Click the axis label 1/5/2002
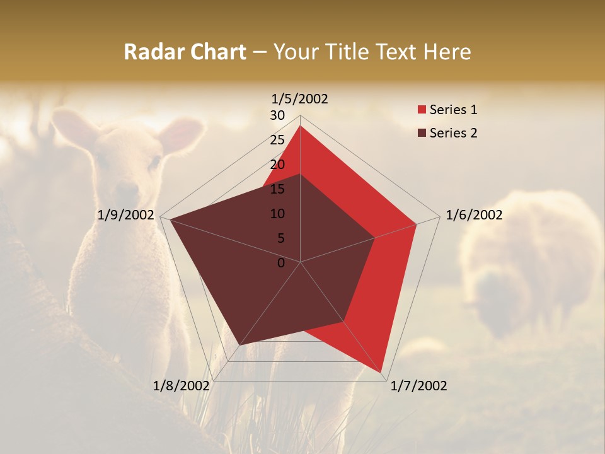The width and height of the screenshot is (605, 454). (x=300, y=99)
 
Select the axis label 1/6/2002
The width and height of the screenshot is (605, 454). (x=474, y=215)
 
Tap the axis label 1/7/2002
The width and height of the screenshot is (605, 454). (x=418, y=386)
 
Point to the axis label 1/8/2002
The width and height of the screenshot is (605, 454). (x=181, y=386)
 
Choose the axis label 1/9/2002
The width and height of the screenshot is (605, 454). (x=126, y=215)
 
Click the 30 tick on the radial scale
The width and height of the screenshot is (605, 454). (x=277, y=115)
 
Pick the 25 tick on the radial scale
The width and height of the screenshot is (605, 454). (x=277, y=140)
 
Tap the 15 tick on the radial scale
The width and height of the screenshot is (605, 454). (x=277, y=189)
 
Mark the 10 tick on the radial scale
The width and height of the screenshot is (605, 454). (x=277, y=214)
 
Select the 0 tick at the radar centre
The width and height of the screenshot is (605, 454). (x=281, y=263)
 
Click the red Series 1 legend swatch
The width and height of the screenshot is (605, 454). (x=422, y=110)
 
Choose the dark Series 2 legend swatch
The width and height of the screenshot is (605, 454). (x=422, y=133)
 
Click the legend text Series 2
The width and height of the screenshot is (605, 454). (x=453, y=133)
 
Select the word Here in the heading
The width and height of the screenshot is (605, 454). (x=447, y=52)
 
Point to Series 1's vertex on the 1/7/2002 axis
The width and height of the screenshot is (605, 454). (x=382, y=372)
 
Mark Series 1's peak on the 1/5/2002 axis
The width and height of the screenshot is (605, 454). (x=300, y=126)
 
